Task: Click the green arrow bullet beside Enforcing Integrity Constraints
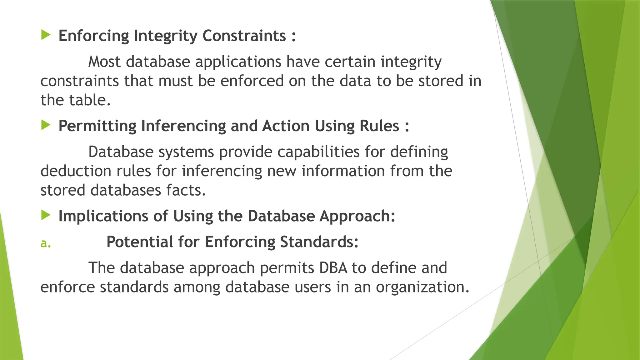click(46, 35)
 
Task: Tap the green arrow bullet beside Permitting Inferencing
click(46, 125)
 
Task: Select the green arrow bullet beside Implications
click(46, 215)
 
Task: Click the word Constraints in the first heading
click(244, 36)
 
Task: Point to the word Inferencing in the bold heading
click(183, 126)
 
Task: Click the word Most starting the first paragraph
click(104, 62)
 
